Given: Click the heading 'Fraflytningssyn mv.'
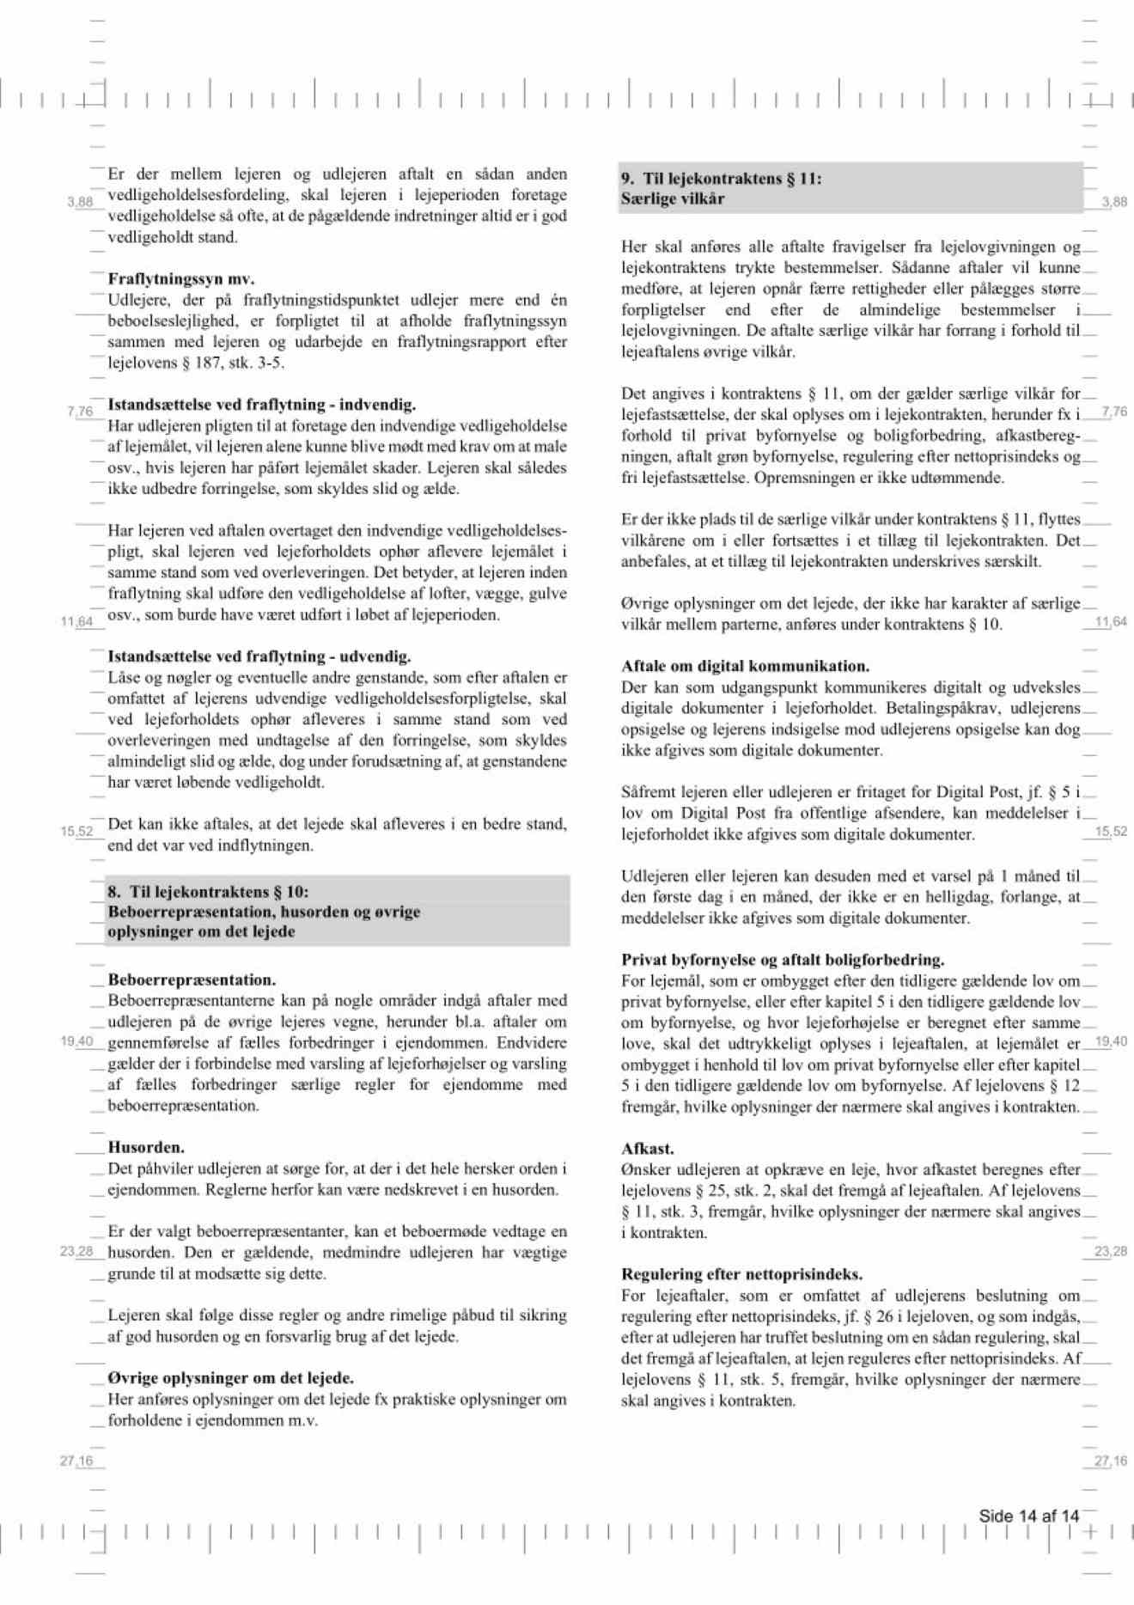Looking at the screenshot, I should coord(181,279).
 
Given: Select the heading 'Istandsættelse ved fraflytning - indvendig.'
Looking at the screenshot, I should coord(262,405).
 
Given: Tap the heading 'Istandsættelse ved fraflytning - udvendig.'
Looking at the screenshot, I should coord(259,656).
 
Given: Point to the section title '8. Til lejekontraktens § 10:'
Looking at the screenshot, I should coord(206,892).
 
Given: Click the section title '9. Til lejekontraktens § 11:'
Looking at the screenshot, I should coord(722,179).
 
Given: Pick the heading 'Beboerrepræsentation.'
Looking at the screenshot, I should coord(192,979).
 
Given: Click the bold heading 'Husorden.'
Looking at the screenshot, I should coord(146,1147).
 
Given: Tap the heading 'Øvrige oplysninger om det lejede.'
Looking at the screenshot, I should coord(231,1378).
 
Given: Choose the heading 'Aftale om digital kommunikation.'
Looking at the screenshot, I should coord(746,666).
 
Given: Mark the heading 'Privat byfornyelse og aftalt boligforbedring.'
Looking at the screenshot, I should coord(783,960).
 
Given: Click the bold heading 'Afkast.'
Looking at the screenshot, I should coord(648,1149).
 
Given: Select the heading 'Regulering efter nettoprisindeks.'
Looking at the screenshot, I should coord(742,1274).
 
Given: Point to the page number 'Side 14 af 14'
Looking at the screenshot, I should coord(1028,1516).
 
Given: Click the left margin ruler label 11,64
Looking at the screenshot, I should coord(76,621).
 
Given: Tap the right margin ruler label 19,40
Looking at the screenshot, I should coord(1112,1041).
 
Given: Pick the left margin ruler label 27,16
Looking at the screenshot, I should coord(76,1461).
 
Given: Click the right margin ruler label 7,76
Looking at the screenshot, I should coord(1113,412).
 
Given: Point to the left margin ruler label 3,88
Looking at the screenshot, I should coord(80,202).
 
